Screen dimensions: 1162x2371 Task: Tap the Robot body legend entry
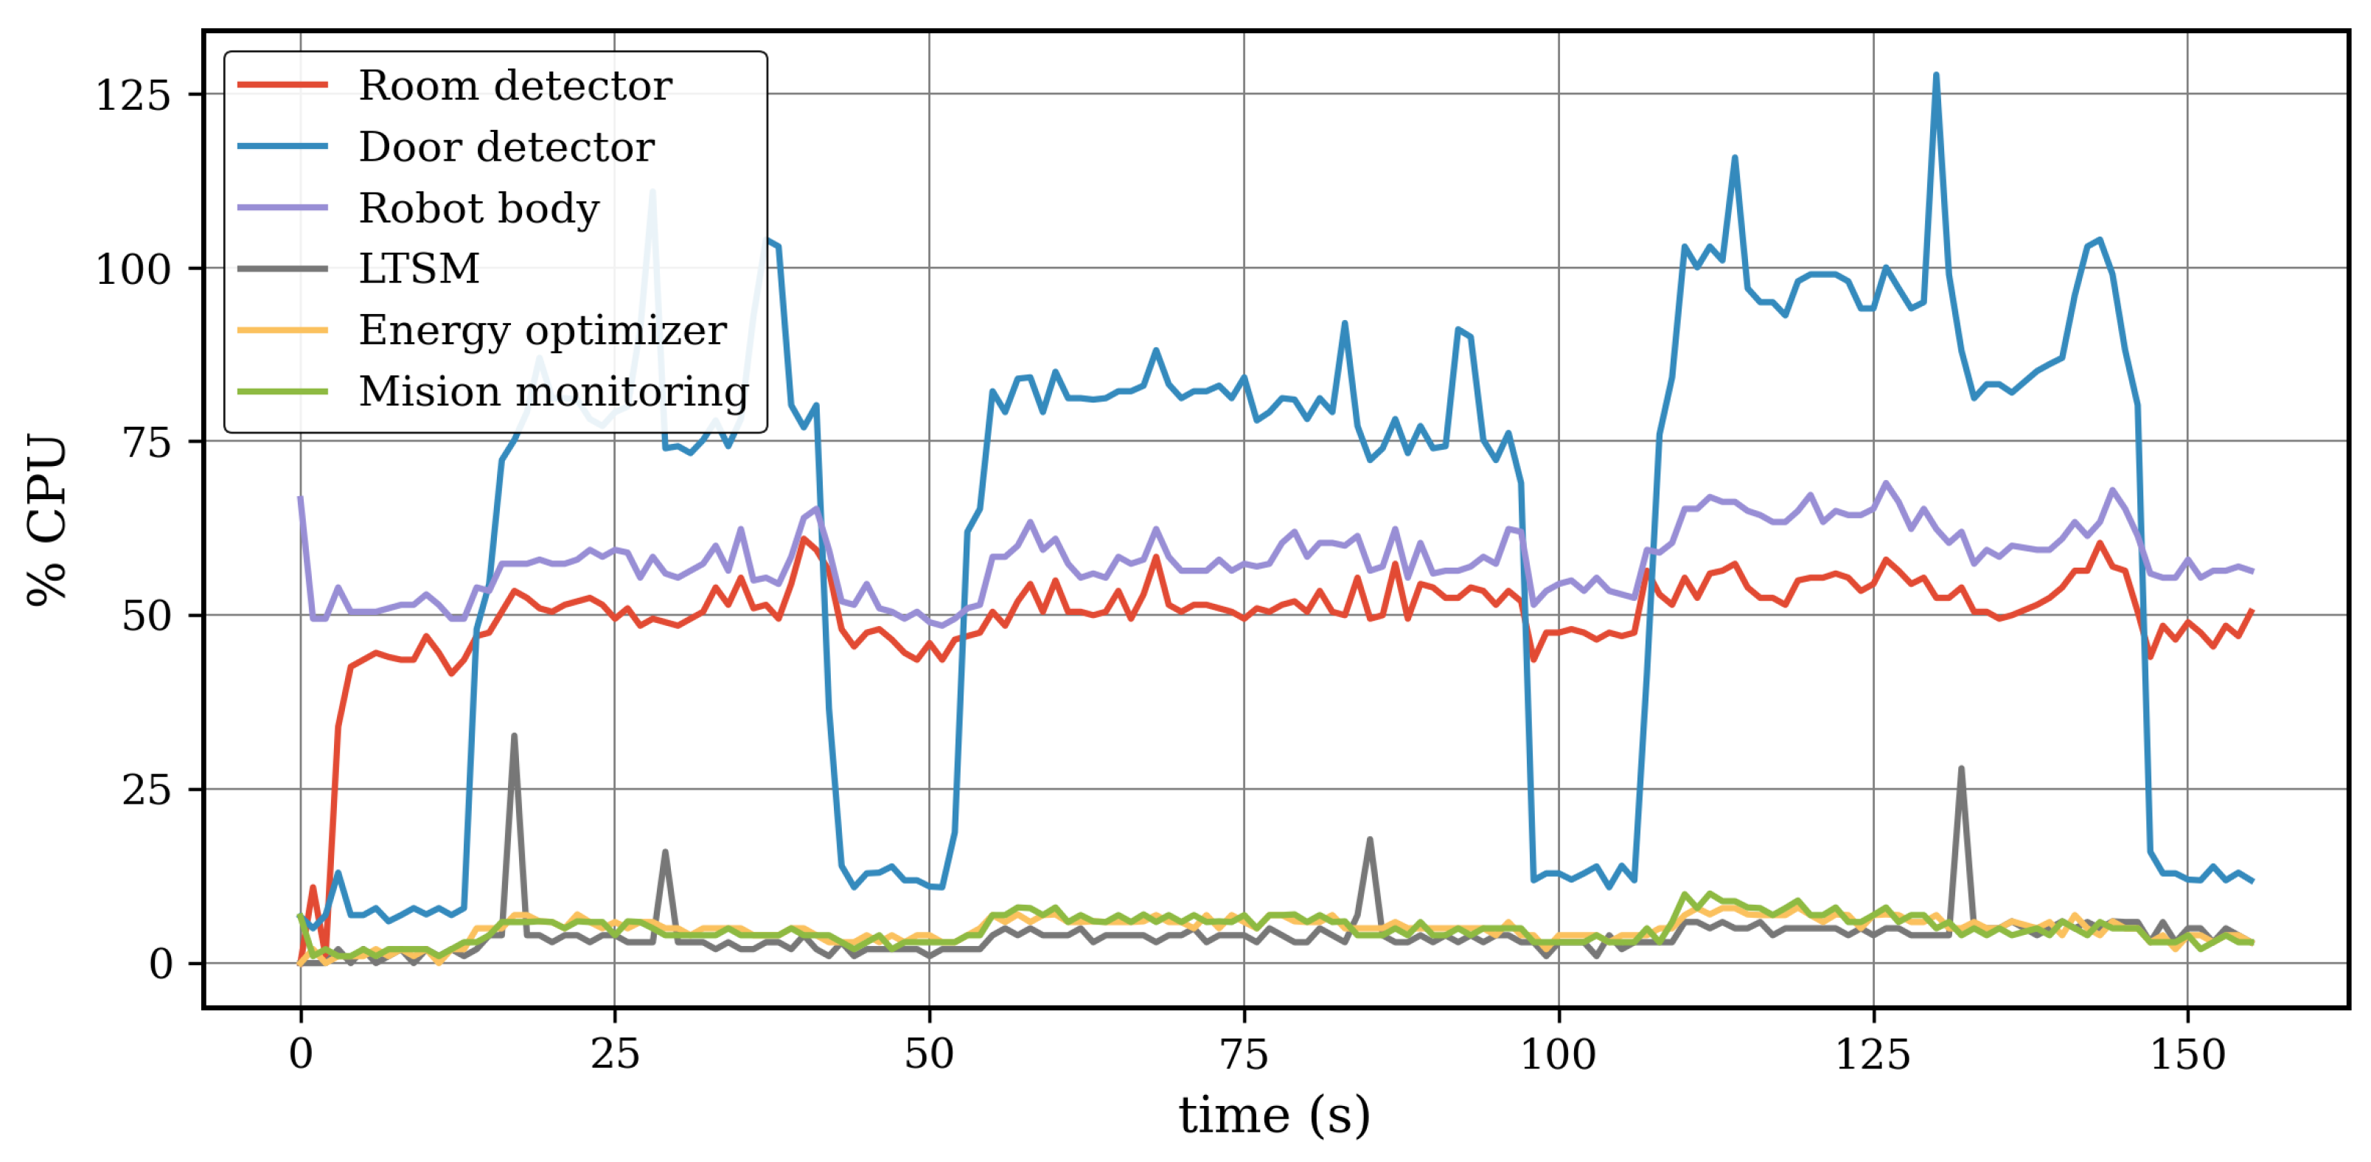coord(478,208)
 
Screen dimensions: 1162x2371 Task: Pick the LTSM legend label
coord(419,269)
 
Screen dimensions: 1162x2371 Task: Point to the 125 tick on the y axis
coord(133,95)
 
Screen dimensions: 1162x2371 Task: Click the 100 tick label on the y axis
coord(133,270)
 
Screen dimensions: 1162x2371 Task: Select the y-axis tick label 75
coord(147,443)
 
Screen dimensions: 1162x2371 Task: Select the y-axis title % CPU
coord(48,521)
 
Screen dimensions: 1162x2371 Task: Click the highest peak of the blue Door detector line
coord(1935,75)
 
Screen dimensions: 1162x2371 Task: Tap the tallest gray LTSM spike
coord(514,736)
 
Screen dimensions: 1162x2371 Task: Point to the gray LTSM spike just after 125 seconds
coord(1961,769)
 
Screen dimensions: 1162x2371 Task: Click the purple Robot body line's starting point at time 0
coord(301,498)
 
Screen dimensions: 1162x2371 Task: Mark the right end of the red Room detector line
coord(2252,610)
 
